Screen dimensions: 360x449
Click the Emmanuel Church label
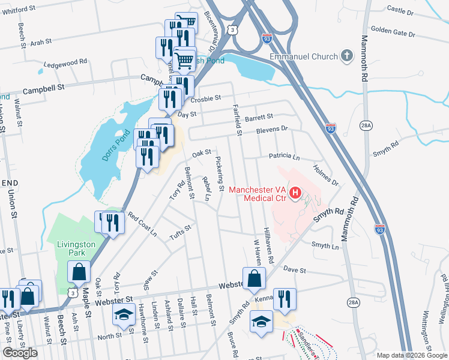click(x=304, y=57)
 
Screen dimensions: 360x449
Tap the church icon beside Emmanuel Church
click(x=346, y=57)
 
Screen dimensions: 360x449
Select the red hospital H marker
click(x=295, y=193)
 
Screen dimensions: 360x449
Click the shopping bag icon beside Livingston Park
click(x=79, y=272)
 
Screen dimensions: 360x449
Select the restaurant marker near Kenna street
click(x=285, y=299)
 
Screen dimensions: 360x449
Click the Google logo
click(x=20, y=353)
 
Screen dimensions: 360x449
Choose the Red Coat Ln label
click(x=142, y=224)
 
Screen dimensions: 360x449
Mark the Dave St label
click(x=295, y=270)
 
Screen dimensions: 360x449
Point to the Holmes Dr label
click(x=326, y=176)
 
